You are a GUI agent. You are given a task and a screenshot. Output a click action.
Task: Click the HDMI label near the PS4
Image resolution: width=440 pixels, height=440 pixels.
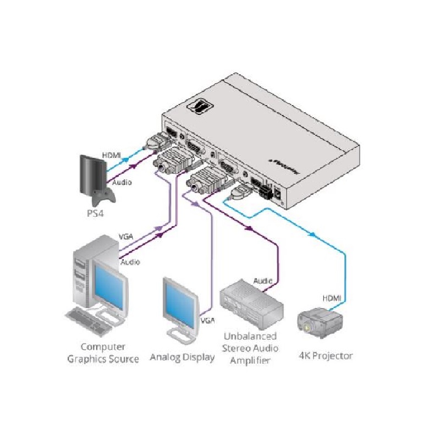click(111, 156)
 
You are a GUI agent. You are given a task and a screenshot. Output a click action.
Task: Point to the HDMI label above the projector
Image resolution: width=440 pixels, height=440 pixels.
click(332, 298)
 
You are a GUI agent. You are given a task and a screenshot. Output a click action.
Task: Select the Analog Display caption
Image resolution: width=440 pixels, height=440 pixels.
click(182, 358)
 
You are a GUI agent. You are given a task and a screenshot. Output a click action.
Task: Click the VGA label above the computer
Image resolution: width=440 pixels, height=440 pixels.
click(126, 237)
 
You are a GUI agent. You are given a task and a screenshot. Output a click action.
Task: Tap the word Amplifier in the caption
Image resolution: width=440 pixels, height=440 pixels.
click(250, 361)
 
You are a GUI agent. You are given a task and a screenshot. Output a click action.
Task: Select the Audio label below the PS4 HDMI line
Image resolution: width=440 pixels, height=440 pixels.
click(122, 182)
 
